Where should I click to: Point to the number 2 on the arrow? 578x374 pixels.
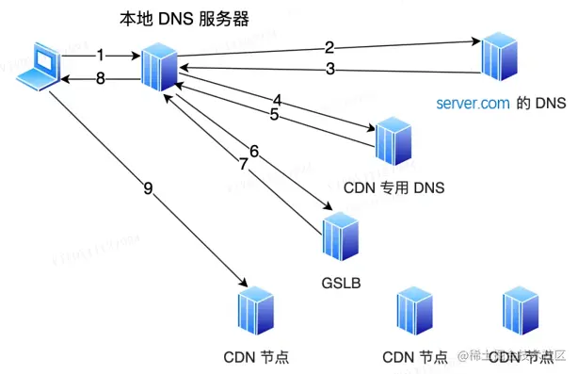[329, 47]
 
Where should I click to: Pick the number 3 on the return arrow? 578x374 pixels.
[329, 69]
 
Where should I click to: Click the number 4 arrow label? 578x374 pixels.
[277, 99]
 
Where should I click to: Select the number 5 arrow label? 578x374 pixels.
[274, 115]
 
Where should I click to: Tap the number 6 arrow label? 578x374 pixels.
[253, 151]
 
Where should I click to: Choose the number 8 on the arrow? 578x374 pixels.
[101, 80]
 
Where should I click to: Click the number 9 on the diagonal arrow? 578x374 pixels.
[148, 188]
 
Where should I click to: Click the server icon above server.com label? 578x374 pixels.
[496, 57]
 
